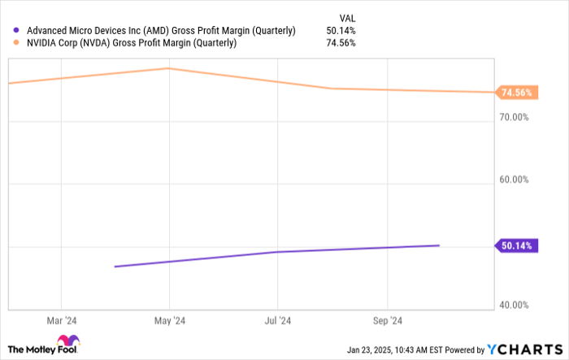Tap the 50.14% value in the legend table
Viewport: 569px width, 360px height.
[340, 30]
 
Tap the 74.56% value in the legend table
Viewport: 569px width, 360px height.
[340, 43]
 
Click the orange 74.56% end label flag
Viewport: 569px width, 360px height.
[515, 93]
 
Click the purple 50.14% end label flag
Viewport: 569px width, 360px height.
[515, 245]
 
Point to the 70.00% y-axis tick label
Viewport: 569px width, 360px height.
[515, 118]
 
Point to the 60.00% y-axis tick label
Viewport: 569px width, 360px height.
[515, 180]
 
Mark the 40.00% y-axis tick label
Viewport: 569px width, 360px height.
[515, 306]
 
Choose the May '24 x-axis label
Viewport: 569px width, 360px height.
[169, 320]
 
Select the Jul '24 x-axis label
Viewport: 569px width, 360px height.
[278, 320]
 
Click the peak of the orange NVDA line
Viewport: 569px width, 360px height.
[168, 68]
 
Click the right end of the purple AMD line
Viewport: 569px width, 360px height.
[439, 245]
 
